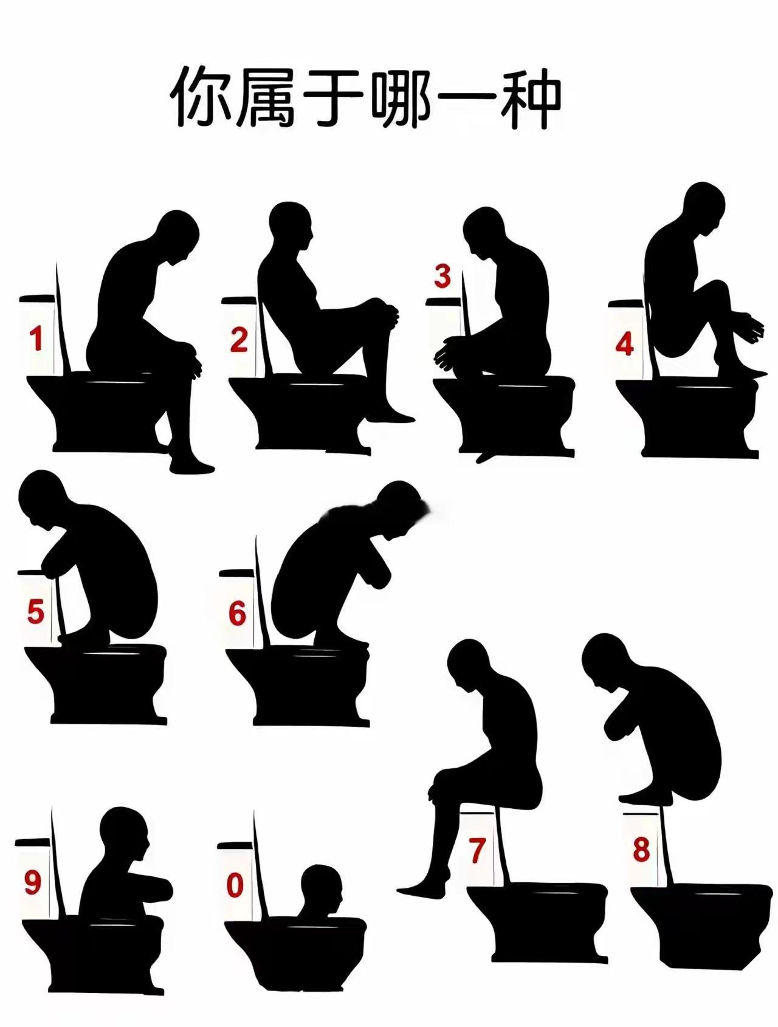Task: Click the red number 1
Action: click(x=36, y=339)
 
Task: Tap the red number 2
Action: click(x=239, y=340)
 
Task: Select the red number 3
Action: click(x=442, y=276)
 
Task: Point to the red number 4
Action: click(x=624, y=344)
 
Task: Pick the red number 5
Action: click(x=36, y=611)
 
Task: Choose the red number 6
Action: click(x=238, y=613)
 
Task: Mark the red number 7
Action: click(x=477, y=850)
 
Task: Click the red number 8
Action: click(x=641, y=849)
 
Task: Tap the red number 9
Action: click(x=32, y=882)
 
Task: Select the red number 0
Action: click(x=235, y=885)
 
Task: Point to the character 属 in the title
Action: click(x=267, y=97)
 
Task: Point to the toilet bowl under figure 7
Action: click(x=537, y=922)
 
